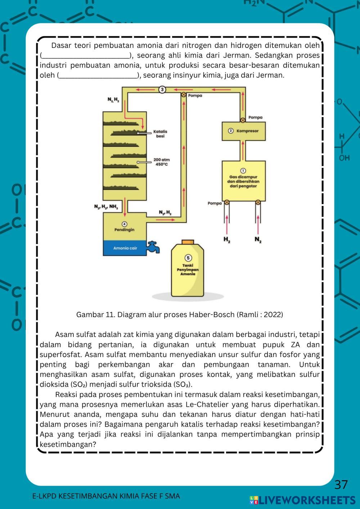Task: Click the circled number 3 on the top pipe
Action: click(x=162, y=89)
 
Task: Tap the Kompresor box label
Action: click(x=247, y=131)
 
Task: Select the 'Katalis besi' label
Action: click(x=160, y=134)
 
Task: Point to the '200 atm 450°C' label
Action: click(x=161, y=162)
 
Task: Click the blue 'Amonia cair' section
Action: click(x=125, y=248)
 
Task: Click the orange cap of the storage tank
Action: click(x=188, y=242)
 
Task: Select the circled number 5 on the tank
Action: click(x=188, y=258)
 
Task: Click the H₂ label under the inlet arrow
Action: click(x=227, y=239)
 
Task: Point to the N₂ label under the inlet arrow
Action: click(x=258, y=239)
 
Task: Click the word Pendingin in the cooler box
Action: click(x=125, y=230)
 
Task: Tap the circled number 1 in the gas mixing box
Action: click(x=243, y=171)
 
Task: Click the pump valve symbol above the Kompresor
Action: click(x=243, y=120)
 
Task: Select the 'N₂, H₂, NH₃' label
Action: click(x=106, y=207)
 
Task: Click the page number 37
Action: click(x=341, y=485)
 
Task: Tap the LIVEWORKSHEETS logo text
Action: click(x=307, y=500)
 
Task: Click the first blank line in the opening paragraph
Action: click(x=86, y=56)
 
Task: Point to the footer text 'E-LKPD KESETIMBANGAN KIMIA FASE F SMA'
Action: click(x=106, y=496)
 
